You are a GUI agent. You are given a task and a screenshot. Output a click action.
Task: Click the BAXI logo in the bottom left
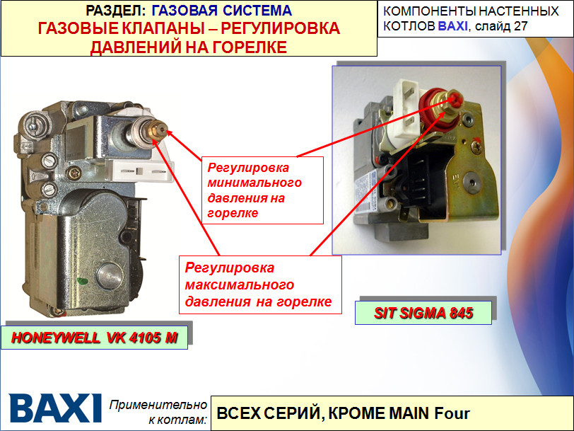click(55, 410)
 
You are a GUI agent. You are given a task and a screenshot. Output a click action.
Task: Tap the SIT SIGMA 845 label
click(423, 312)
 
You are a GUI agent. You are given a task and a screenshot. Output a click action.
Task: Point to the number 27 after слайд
click(519, 27)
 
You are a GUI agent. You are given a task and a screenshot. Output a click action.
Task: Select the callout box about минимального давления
click(262, 190)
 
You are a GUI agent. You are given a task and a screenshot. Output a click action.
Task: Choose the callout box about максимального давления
click(259, 285)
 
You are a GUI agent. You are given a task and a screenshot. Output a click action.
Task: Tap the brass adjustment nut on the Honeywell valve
click(157, 130)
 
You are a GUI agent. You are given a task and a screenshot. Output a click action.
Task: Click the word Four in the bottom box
click(452, 413)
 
